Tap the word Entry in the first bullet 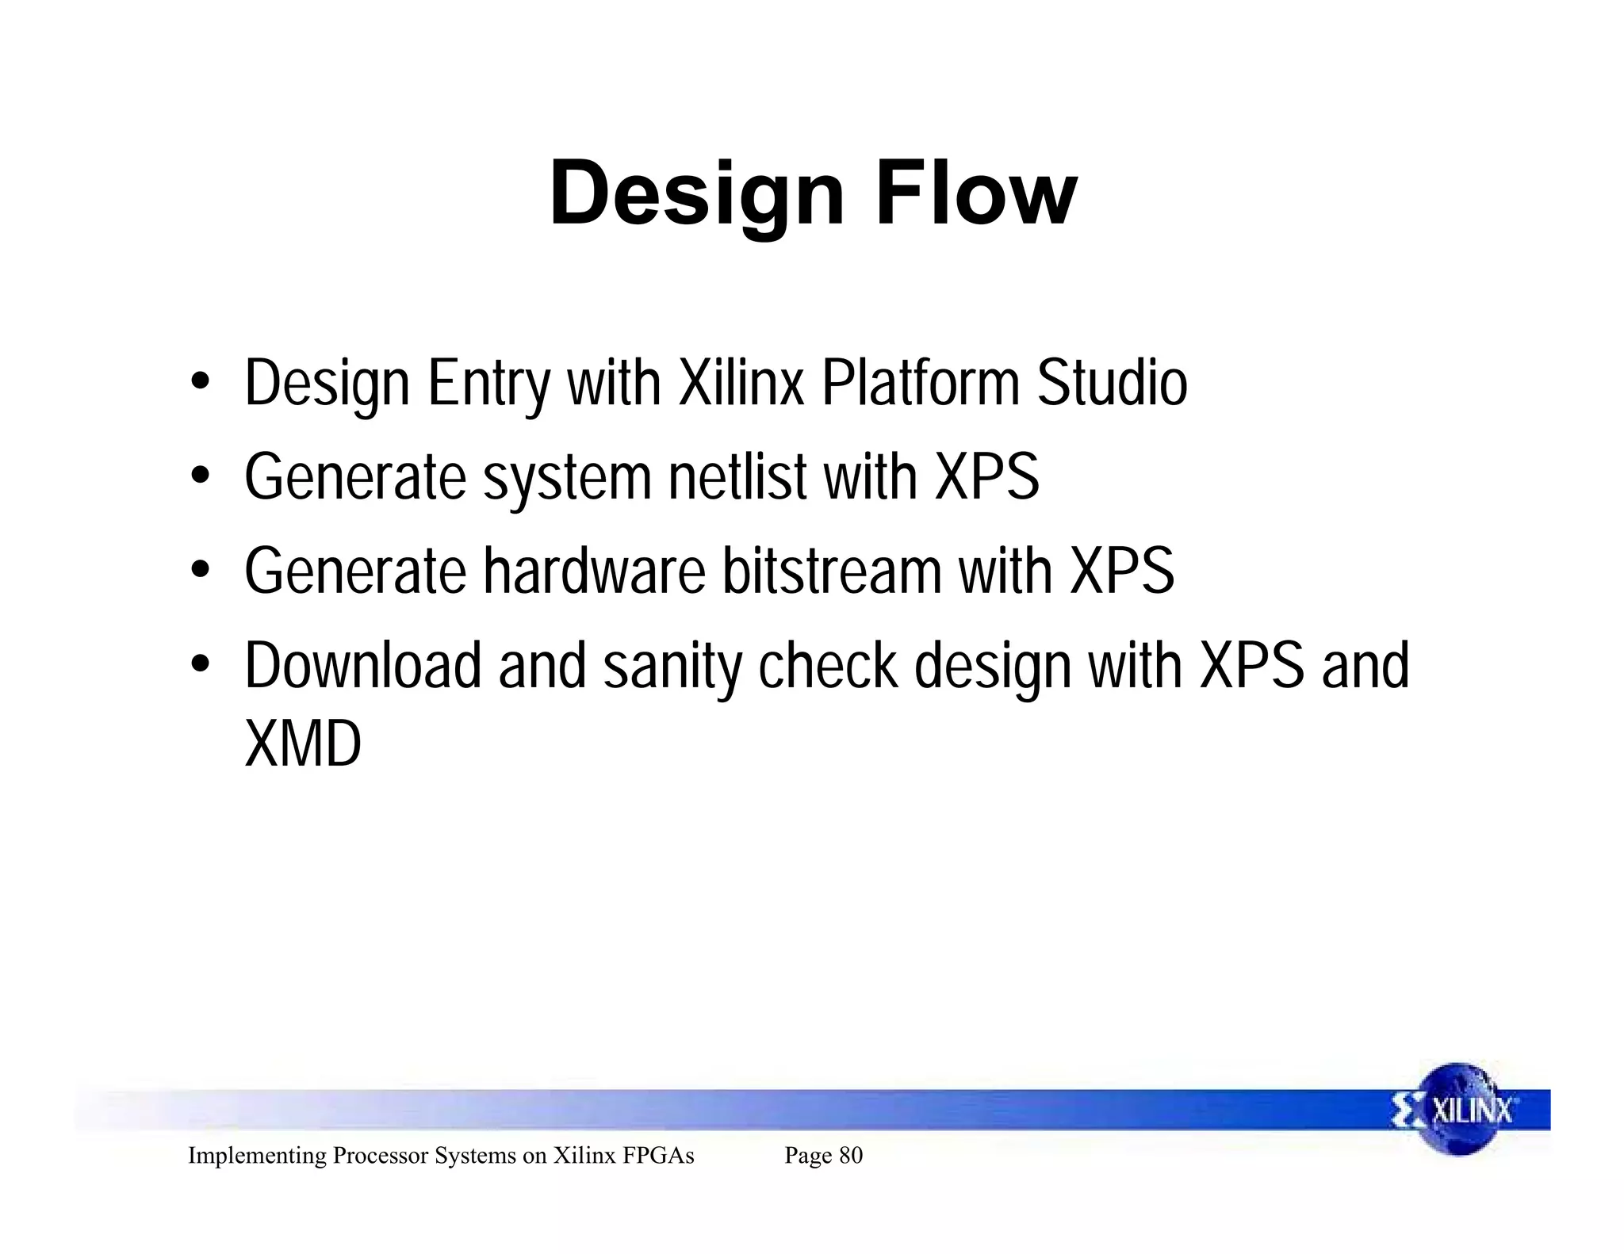pos(488,384)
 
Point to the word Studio pos(1112,384)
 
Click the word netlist pos(737,477)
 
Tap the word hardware pos(594,571)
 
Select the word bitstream pos(831,571)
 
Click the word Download pos(362,666)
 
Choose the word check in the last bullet pos(827,666)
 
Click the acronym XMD pos(303,744)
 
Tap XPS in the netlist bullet pos(986,477)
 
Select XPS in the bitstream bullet pos(1121,571)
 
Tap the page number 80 pos(850,1156)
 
